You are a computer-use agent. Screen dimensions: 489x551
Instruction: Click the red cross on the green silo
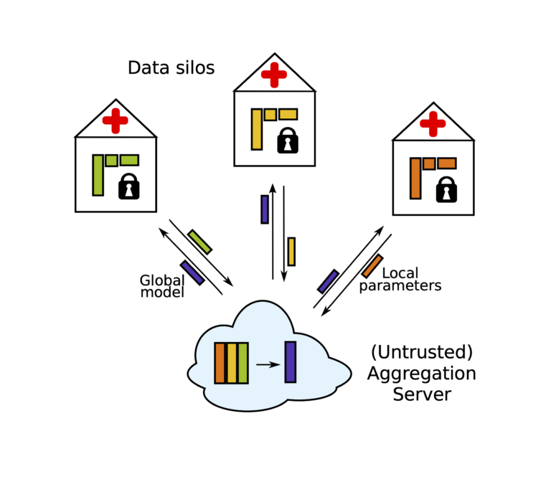(x=115, y=121)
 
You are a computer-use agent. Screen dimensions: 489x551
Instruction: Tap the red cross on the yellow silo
(x=273, y=75)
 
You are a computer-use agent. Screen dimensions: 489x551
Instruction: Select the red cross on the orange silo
(x=433, y=123)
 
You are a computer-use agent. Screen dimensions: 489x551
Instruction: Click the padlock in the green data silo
(x=128, y=186)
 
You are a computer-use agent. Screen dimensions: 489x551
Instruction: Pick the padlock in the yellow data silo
(x=288, y=141)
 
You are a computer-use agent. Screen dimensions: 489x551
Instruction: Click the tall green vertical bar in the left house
(x=98, y=175)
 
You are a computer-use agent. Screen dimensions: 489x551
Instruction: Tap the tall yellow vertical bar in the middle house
(x=256, y=129)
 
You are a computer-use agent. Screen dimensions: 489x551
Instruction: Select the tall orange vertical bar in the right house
(x=415, y=178)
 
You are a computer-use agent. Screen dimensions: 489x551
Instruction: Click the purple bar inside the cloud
(x=290, y=362)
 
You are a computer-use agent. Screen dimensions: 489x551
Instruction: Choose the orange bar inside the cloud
(x=220, y=363)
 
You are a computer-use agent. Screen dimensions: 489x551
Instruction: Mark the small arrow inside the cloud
(x=267, y=365)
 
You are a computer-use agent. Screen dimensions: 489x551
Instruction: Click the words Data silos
(x=171, y=68)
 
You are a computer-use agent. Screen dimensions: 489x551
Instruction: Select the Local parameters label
(x=400, y=280)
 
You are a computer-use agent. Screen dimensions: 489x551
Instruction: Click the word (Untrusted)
(x=422, y=353)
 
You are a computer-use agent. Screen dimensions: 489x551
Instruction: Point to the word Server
(x=422, y=394)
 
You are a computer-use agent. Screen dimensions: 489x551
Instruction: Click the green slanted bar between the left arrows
(x=199, y=242)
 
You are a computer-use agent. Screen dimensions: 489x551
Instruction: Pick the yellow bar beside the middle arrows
(x=291, y=252)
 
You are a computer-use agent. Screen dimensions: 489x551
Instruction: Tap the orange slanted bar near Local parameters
(x=372, y=266)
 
